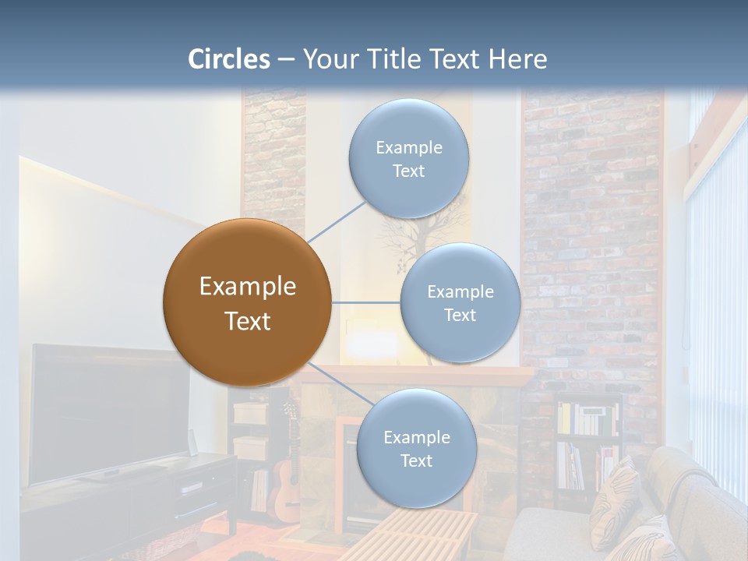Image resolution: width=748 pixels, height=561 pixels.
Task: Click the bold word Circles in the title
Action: (x=229, y=59)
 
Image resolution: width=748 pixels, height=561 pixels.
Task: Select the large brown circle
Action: (x=247, y=302)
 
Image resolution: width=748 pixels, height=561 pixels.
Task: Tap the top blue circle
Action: (x=408, y=159)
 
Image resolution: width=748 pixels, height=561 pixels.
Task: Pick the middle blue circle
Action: (x=460, y=302)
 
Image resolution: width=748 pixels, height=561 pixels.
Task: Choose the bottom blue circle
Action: (x=416, y=448)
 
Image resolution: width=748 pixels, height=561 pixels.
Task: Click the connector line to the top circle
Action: (x=337, y=221)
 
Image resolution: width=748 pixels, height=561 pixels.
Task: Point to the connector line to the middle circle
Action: (x=366, y=302)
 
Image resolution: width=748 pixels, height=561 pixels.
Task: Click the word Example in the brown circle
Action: (x=247, y=287)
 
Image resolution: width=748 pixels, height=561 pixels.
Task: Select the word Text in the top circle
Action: (x=408, y=171)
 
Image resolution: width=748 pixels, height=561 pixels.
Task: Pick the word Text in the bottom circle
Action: (x=416, y=460)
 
